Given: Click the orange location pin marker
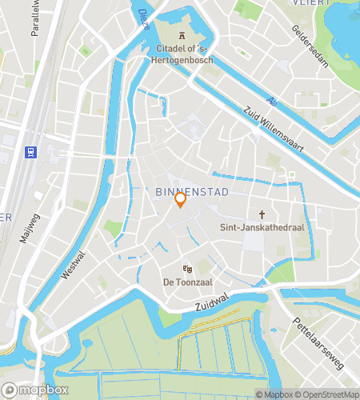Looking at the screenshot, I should [x=181, y=199].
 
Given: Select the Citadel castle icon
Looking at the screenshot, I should [x=182, y=35].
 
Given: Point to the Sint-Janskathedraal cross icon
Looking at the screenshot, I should [x=262, y=214].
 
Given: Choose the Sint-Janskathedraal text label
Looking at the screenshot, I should [x=262, y=227].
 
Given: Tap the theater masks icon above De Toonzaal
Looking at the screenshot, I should [x=187, y=269].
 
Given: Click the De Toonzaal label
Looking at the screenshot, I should [x=187, y=282].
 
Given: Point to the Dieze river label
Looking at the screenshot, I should [x=144, y=18].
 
